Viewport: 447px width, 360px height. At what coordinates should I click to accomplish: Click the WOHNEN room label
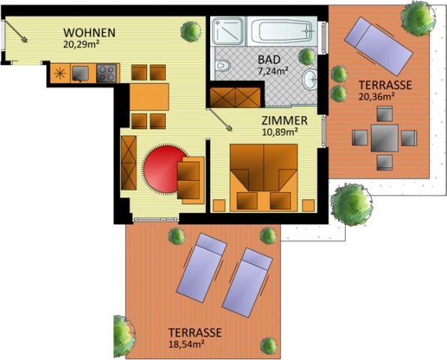(x=89, y=33)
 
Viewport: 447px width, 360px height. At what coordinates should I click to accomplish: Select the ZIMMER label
(x=284, y=121)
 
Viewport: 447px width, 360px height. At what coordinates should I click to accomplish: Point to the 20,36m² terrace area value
(x=376, y=97)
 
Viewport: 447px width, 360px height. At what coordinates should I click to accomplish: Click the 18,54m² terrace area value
(x=186, y=344)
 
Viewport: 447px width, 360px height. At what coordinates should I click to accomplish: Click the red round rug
(x=165, y=169)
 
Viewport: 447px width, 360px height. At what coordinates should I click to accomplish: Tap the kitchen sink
(x=80, y=73)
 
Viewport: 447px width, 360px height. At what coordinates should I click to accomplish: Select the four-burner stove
(x=106, y=73)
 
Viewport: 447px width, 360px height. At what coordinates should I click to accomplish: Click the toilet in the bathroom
(x=223, y=66)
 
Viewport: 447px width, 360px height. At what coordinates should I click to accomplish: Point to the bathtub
(x=282, y=31)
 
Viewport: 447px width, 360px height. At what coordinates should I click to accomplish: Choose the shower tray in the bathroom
(x=227, y=31)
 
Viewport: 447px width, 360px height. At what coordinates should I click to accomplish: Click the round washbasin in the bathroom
(x=310, y=79)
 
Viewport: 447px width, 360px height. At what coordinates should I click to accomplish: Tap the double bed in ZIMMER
(x=264, y=178)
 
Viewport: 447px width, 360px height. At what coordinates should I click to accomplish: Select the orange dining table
(x=149, y=97)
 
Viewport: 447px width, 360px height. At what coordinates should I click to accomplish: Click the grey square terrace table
(x=385, y=138)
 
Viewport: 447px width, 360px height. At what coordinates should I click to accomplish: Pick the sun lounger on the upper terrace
(x=379, y=46)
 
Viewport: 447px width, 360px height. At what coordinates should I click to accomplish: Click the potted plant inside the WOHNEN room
(x=190, y=31)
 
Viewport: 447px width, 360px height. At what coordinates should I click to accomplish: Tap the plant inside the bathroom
(x=307, y=56)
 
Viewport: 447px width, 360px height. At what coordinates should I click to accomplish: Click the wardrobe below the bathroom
(x=235, y=97)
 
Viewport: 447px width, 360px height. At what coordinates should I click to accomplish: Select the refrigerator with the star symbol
(x=60, y=73)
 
